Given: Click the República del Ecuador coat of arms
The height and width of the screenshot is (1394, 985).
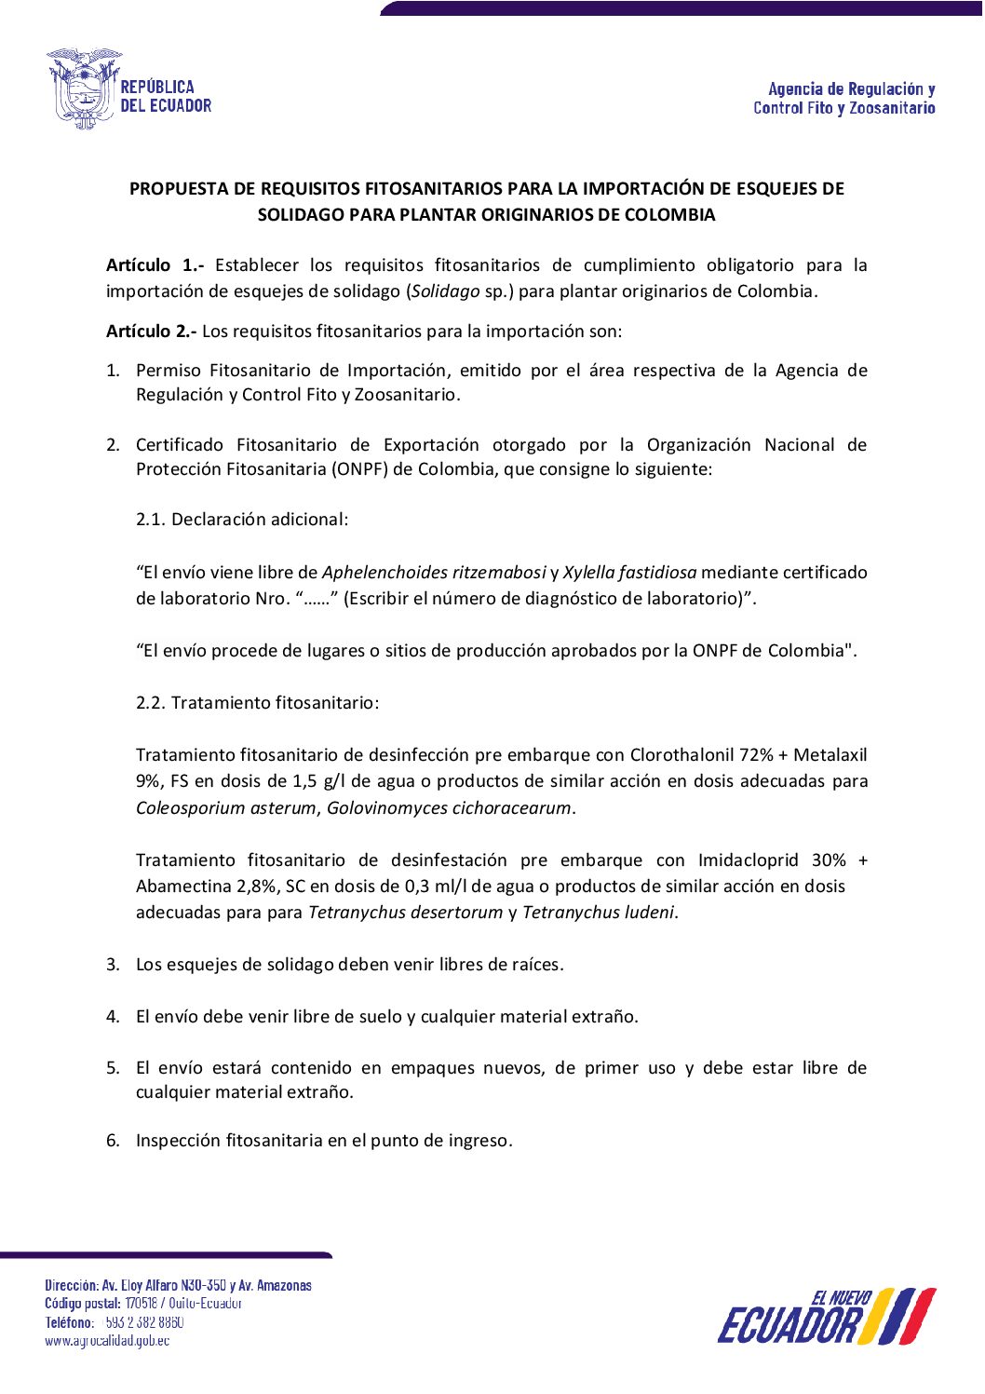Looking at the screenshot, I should pos(84,89).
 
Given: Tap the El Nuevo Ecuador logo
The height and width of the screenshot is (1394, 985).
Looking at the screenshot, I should pos(826,1317).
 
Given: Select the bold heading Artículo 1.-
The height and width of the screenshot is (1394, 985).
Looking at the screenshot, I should pos(155,265).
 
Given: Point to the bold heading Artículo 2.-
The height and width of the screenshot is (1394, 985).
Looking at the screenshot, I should pos(151,332).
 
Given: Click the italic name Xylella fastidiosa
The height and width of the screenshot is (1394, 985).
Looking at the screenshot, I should pos(629,573).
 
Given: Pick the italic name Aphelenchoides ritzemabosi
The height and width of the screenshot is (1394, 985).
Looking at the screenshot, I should pos(434,573).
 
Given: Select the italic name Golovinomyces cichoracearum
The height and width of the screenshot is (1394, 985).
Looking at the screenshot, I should pos(449,808).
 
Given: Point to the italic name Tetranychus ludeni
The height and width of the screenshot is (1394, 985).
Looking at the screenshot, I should pos(599,913).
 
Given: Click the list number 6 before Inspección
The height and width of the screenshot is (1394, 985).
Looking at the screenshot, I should pos(113,1141).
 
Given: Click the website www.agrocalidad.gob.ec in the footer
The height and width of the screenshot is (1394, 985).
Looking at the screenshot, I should pos(107,1341).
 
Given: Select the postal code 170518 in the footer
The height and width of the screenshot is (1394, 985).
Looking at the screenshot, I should pos(142,1304).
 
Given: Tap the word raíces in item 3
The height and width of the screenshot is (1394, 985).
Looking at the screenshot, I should pos(537,965).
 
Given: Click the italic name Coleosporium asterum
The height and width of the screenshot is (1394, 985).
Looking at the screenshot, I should pos(226,808).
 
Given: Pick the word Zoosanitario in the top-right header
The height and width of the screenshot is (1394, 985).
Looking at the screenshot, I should pos(892,109).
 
